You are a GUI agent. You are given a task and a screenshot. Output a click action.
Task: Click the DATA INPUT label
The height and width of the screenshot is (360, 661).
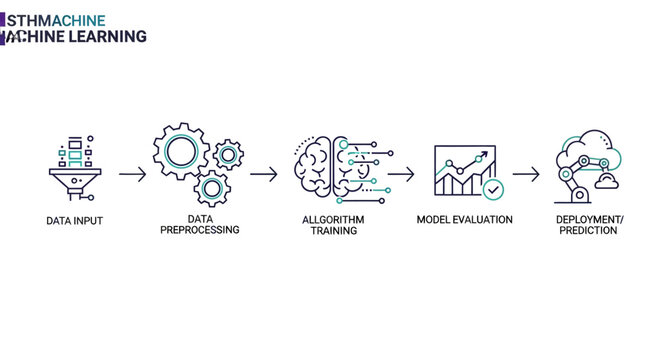click(x=75, y=220)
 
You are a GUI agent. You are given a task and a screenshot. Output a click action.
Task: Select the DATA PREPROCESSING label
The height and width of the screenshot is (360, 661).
click(x=199, y=224)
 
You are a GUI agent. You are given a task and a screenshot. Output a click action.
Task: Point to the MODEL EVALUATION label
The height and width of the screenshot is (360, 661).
click(x=464, y=220)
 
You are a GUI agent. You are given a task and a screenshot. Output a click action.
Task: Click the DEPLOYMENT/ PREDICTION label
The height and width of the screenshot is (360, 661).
click(x=589, y=224)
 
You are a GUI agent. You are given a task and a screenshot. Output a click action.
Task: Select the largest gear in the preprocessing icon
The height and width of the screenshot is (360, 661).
click(x=181, y=151)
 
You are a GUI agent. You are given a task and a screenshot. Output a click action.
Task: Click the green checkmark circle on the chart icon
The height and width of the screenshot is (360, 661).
click(x=492, y=188)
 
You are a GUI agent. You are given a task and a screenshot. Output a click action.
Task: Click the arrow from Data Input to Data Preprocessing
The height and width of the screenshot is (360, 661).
click(x=132, y=174)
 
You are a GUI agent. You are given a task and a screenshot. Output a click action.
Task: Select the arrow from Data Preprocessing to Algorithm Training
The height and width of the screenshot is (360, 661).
click(x=264, y=174)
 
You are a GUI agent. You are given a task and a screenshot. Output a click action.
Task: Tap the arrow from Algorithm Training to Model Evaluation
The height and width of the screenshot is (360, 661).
click(x=401, y=174)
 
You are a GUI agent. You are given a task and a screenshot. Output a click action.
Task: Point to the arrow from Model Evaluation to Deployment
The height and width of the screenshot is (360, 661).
click(x=527, y=174)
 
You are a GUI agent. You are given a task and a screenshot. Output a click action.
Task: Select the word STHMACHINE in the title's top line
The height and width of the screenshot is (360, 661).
click(x=54, y=19)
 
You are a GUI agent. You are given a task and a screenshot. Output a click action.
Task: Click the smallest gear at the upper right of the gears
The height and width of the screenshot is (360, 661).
click(x=229, y=154)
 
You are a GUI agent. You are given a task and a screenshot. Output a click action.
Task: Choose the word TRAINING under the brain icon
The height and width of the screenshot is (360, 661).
click(x=335, y=230)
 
